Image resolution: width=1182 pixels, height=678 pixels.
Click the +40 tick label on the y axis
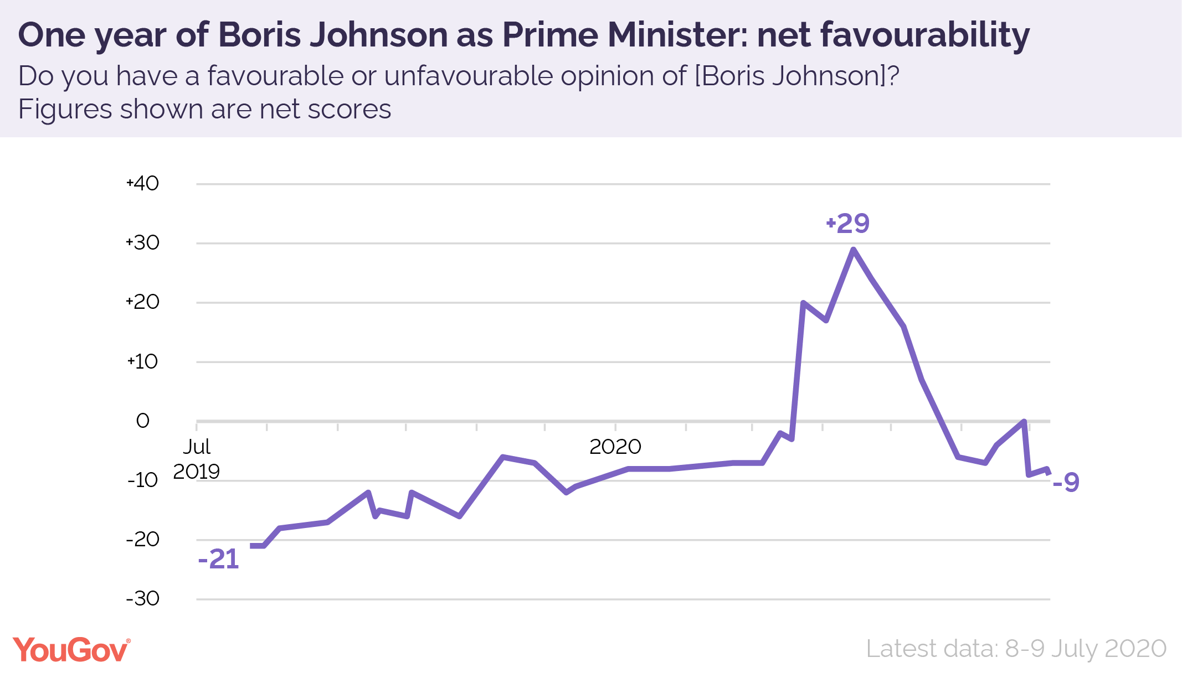pyautogui.click(x=142, y=183)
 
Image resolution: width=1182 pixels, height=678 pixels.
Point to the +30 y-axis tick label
pyautogui.click(x=142, y=242)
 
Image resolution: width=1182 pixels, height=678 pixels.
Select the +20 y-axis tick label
pyautogui.click(x=142, y=302)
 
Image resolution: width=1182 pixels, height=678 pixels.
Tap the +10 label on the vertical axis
pyautogui.click(x=142, y=361)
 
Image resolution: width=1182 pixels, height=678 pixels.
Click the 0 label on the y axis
pyautogui.click(x=142, y=421)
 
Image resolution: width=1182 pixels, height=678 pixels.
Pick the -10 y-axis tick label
pyautogui.click(x=142, y=480)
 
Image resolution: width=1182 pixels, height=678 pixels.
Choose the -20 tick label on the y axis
pyautogui.click(x=142, y=539)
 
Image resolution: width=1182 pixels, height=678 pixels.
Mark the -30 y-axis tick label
pyautogui.click(x=142, y=598)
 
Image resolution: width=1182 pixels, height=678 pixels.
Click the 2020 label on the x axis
pyautogui.click(x=615, y=447)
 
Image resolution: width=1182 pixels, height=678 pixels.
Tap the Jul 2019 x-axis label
pyautogui.click(x=197, y=459)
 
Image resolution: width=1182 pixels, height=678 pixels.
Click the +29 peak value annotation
pyautogui.click(x=847, y=223)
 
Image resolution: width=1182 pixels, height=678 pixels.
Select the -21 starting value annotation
pyautogui.click(x=218, y=559)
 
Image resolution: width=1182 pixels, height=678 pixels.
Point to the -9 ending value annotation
pyautogui.click(x=1066, y=482)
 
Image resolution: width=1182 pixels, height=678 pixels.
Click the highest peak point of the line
pyautogui.click(x=853, y=250)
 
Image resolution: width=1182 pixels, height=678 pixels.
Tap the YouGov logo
pyautogui.click(x=71, y=650)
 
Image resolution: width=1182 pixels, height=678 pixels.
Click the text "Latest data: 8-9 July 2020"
pyautogui.click(x=1016, y=649)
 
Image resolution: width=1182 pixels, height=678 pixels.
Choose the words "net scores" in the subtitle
pyautogui.click(x=325, y=109)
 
